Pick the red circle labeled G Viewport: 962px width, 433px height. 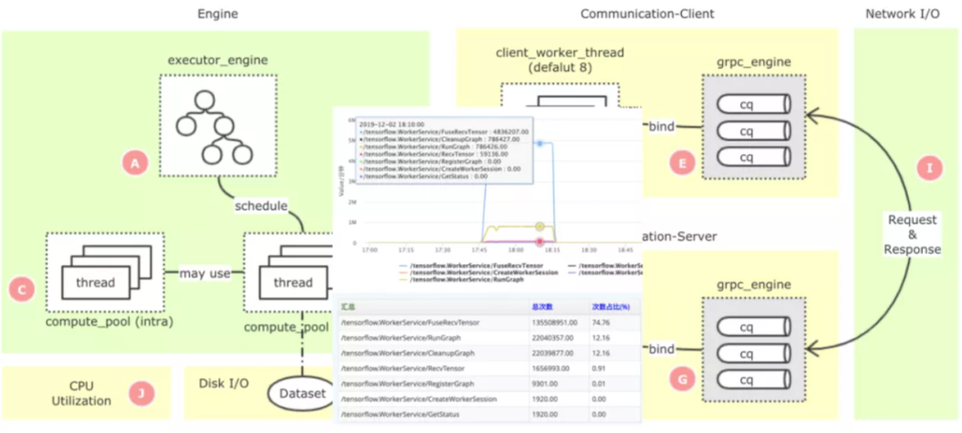[680, 376]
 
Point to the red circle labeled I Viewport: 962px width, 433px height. [929, 167]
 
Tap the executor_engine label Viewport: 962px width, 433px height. [217, 60]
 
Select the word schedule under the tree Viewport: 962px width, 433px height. [261, 205]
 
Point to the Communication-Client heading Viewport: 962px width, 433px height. [647, 14]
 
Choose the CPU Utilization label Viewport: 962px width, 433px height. [89, 394]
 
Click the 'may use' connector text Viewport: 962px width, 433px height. [204, 273]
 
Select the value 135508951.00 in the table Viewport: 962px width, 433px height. [555, 321]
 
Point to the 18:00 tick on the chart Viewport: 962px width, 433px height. [516, 248]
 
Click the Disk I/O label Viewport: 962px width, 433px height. [224, 383]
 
